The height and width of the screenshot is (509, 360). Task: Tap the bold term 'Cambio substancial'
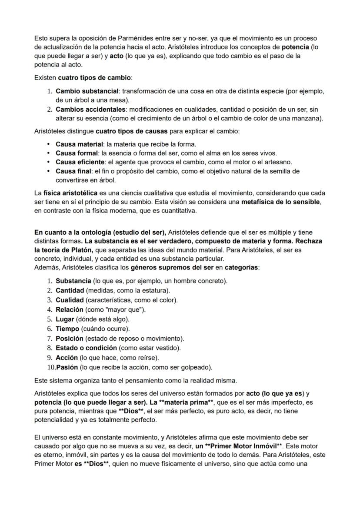coord(87,91)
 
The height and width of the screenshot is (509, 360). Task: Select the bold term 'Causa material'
coord(80,144)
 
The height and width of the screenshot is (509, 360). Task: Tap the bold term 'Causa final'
coord(74,171)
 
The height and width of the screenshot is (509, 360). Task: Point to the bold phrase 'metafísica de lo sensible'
coord(280,202)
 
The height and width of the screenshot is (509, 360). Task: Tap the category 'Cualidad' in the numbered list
coord(70,300)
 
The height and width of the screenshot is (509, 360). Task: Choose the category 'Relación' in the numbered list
coord(70,309)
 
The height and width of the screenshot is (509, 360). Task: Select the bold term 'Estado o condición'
coord(86,348)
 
